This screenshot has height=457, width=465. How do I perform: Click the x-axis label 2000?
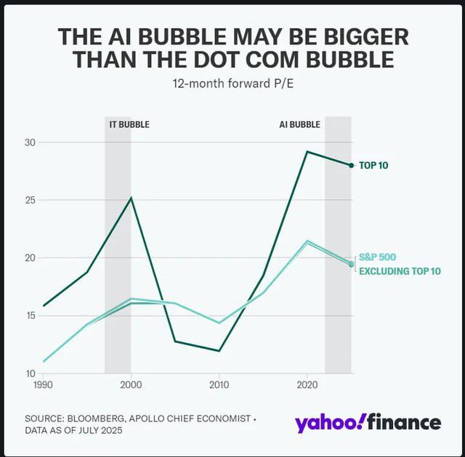(x=131, y=383)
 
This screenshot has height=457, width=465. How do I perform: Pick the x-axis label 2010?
(x=219, y=383)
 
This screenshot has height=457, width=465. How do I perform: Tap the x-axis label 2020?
(x=307, y=383)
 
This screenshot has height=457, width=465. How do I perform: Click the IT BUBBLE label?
(x=129, y=124)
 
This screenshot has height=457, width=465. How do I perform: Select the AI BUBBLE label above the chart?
(x=299, y=124)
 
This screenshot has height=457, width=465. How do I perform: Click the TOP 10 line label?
(x=373, y=166)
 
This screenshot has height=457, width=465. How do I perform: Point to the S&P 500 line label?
(x=377, y=257)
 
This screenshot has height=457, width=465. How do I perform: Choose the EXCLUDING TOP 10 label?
(x=400, y=271)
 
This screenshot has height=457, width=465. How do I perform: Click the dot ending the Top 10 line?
(x=351, y=166)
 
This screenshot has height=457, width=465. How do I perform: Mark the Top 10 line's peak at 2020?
(x=307, y=151)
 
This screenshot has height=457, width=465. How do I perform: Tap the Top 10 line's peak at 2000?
(x=131, y=198)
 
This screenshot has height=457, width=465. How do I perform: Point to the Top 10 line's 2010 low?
(x=219, y=351)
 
